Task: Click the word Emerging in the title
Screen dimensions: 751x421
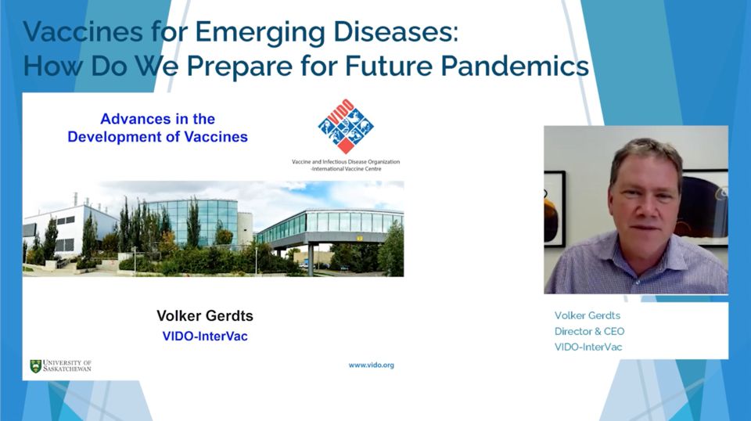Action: pos(260,33)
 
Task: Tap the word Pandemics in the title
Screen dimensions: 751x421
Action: pos(515,66)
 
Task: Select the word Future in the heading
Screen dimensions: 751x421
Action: pos(389,66)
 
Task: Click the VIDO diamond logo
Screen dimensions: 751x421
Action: pos(346,127)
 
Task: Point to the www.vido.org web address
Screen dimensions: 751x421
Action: pos(371,365)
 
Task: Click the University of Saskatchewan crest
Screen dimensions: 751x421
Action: pos(35,366)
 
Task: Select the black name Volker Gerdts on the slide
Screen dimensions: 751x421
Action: pos(205,315)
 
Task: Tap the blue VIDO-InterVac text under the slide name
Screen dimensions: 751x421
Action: pos(205,336)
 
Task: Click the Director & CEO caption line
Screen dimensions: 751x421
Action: pos(590,331)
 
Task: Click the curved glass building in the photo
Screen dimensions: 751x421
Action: pos(192,221)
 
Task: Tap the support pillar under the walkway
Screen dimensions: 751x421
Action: pos(311,259)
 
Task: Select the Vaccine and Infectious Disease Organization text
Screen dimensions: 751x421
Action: pos(346,162)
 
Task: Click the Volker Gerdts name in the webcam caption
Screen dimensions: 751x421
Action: pos(588,315)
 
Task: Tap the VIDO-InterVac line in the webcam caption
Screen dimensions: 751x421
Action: pos(588,347)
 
